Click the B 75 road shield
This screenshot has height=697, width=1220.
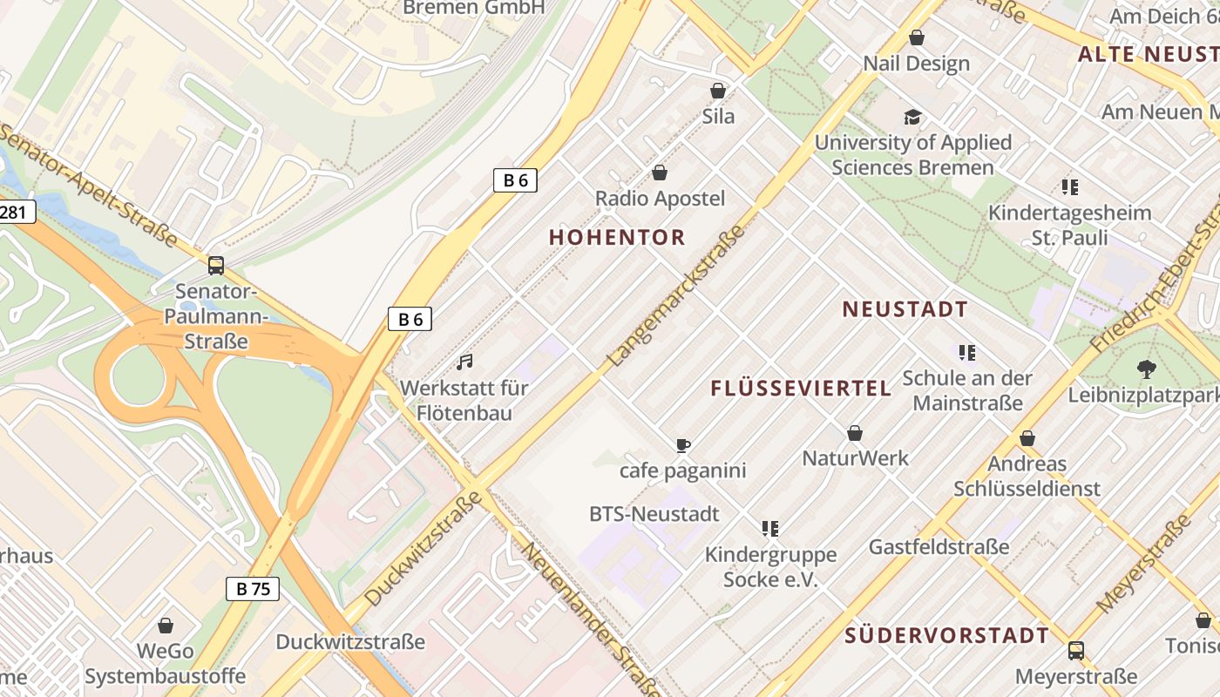click(x=253, y=589)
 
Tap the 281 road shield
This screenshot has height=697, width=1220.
click(x=15, y=212)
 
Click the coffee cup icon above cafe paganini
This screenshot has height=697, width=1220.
click(x=683, y=446)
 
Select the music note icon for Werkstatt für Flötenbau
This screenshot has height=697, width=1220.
click(x=464, y=362)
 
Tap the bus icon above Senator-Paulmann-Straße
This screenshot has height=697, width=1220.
click(x=215, y=266)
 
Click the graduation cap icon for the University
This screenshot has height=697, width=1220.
click(x=912, y=117)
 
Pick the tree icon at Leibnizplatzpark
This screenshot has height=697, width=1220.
click(x=1147, y=369)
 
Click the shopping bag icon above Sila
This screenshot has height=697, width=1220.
click(x=718, y=91)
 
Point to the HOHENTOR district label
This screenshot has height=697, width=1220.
click(x=617, y=237)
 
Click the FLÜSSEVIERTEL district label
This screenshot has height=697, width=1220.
click(x=801, y=389)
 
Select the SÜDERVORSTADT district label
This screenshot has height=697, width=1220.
click(x=946, y=635)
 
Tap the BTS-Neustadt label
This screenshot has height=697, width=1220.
click(x=654, y=514)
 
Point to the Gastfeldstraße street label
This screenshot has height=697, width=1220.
click(x=939, y=547)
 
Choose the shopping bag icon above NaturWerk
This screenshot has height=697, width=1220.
click(x=855, y=433)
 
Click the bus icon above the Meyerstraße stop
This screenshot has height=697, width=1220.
click(x=1076, y=651)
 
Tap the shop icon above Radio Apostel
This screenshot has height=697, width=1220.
click(x=660, y=173)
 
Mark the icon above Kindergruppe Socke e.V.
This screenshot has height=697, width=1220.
click(x=769, y=528)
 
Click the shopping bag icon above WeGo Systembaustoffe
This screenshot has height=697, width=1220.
click(x=166, y=626)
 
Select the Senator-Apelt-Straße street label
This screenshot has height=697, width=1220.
click(x=89, y=185)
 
